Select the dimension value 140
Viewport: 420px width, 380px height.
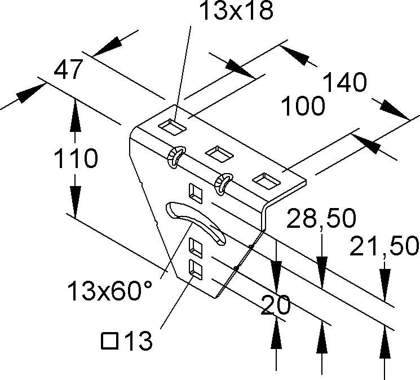[x=344, y=83]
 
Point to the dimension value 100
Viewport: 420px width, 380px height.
[x=304, y=105]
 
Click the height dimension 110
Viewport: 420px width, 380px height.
[x=76, y=159]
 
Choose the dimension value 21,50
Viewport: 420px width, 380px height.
[x=384, y=246]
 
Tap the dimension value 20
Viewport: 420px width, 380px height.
[x=276, y=304]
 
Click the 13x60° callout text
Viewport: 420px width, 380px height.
[x=110, y=291]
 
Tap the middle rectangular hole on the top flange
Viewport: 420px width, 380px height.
[x=216, y=152]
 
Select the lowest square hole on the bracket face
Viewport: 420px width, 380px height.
[x=194, y=269]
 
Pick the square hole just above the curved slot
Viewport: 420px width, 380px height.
[x=196, y=193]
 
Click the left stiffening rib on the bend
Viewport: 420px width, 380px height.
[x=175, y=156]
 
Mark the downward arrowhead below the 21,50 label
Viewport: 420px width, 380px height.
[x=384, y=282]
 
